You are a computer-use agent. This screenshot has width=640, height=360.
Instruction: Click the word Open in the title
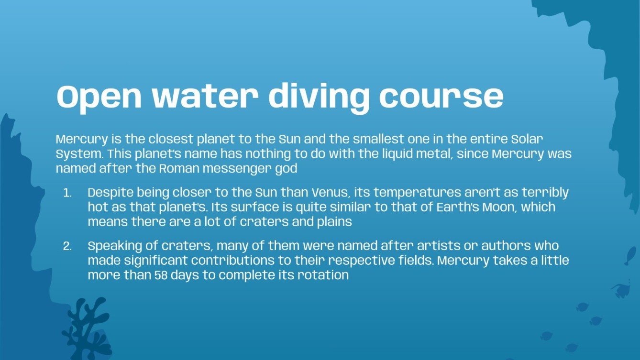pyautogui.click(x=99, y=97)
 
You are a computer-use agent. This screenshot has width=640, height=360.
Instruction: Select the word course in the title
pyautogui.click(x=441, y=97)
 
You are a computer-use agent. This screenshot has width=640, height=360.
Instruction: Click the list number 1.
pyautogui.click(x=67, y=193)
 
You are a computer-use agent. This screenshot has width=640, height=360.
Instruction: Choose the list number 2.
pyautogui.click(x=67, y=247)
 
